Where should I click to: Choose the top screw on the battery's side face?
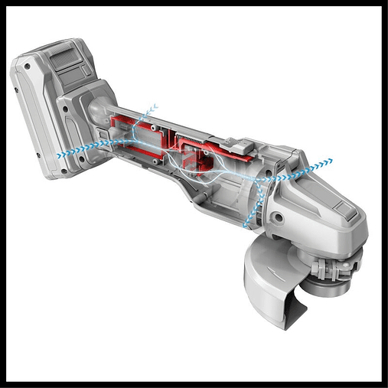pyautogui.click(x=27, y=67)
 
